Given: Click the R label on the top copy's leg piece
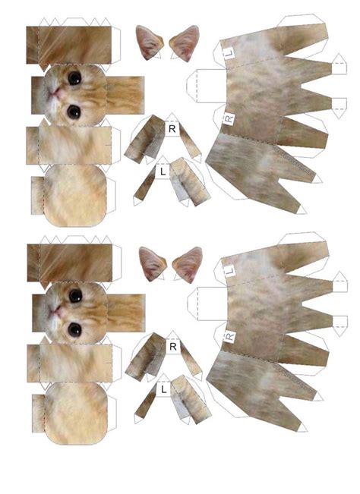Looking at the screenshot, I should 172,128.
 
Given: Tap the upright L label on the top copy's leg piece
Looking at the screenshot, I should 163,171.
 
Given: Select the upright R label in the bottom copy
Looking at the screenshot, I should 172,346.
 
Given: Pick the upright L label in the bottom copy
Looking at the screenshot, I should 163,389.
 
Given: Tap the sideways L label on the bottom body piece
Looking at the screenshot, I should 230,268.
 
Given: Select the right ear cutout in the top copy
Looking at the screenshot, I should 185,43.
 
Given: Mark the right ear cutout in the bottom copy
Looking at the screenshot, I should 187,264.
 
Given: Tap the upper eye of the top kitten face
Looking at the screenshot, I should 74,77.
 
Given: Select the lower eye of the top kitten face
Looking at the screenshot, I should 73,112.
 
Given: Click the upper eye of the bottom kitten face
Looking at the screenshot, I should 74,295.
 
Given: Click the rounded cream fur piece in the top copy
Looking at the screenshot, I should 74,196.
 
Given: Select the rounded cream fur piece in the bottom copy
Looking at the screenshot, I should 74,414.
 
